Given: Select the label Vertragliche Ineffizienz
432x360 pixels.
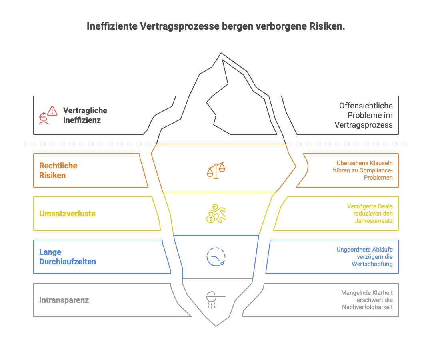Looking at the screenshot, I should tap(85, 115).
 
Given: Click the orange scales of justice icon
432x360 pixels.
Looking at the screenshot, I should tap(216, 170).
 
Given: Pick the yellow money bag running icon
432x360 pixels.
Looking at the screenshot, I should tap(216, 214).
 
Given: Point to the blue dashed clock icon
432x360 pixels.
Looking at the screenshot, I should tap(216, 257).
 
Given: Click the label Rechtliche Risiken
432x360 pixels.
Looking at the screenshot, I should tap(58, 170).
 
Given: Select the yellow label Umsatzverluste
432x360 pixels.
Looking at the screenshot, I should tap(67, 214).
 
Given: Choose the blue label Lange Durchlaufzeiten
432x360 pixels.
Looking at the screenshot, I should tap(67, 257).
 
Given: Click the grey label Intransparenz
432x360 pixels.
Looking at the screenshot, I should tap(64, 300).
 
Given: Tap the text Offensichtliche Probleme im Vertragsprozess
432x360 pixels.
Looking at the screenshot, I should tap(364, 115).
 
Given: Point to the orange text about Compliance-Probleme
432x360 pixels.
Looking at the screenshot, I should tap(364, 170).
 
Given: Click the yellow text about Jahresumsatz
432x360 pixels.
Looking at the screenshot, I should tap(370, 214).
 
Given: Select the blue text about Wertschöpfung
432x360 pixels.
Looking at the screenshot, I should tap(364, 257).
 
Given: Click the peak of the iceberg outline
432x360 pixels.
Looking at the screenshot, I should tap(219, 53).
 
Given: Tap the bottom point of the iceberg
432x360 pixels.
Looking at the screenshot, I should tap(216, 326).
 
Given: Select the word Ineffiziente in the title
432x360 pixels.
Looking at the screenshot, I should tap(112, 26).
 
